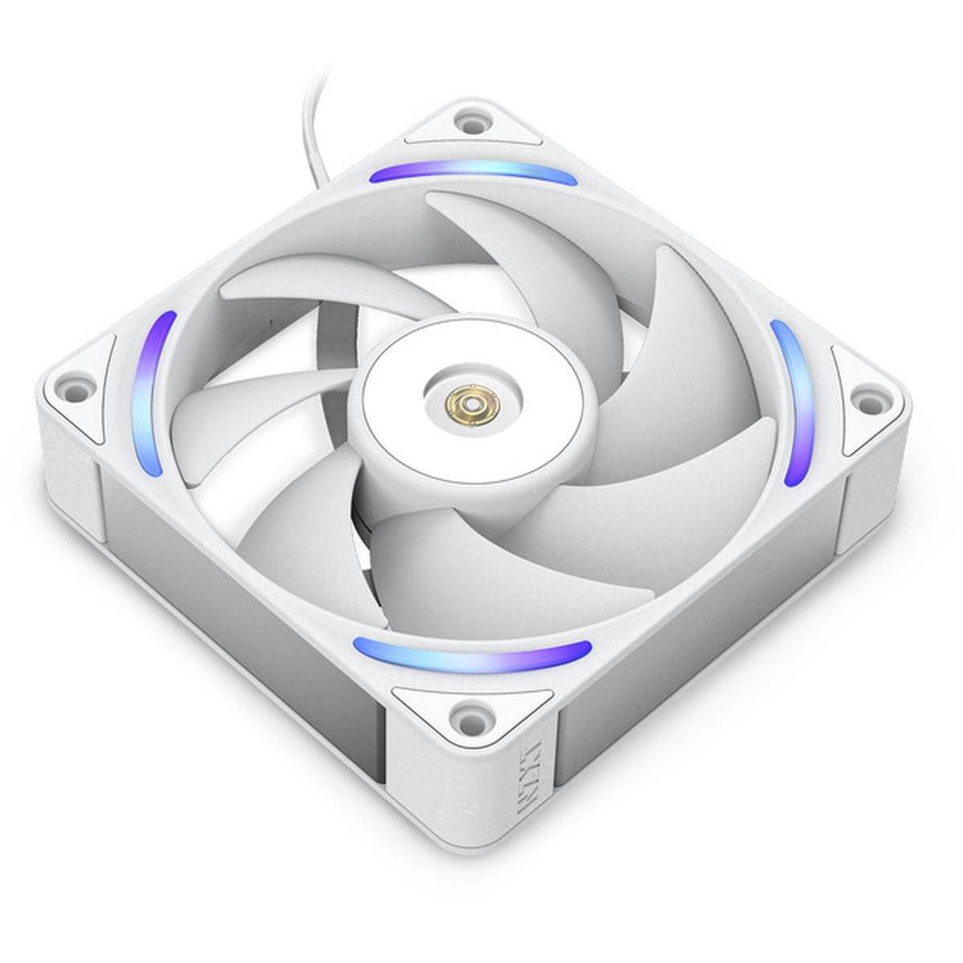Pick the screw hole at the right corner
[x=865, y=397]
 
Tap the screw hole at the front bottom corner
[x=463, y=709]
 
